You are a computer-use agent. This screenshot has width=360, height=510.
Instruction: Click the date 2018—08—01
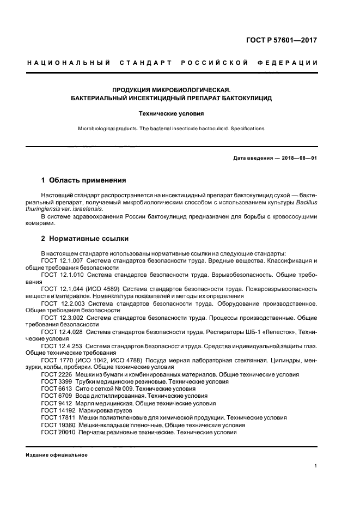tap(298, 158)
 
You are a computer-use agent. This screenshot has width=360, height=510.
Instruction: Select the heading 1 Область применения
tap(84, 180)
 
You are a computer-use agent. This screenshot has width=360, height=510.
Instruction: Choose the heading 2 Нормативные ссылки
tap(84, 239)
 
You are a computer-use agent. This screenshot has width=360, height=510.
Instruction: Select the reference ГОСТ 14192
tap(57, 410)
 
